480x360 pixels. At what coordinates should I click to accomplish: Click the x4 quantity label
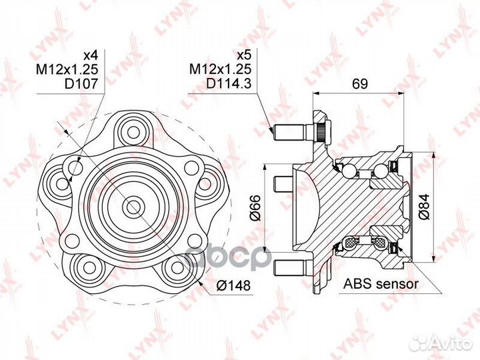[90, 55]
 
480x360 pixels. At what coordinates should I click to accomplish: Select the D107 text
[81, 83]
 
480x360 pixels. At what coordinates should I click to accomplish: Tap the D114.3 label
[229, 83]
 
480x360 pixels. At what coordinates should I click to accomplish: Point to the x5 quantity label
[244, 55]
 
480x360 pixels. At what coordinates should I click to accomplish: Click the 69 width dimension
[359, 84]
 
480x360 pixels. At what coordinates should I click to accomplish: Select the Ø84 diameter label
[424, 207]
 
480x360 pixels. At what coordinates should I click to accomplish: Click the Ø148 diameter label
[233, 285]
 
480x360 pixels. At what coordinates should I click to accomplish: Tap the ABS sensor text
[381, 284]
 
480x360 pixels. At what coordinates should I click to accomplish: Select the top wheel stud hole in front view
[133, 133]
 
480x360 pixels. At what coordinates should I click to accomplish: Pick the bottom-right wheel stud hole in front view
[177, 265]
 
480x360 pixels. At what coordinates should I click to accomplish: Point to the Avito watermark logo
[441, 343]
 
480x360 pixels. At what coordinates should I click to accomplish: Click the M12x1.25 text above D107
[67, 69]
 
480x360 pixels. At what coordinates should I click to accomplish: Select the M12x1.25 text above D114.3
[221, 69]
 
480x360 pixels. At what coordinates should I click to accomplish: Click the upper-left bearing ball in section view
[349, 170]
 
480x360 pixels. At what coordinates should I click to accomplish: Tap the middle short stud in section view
[283, 184]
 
